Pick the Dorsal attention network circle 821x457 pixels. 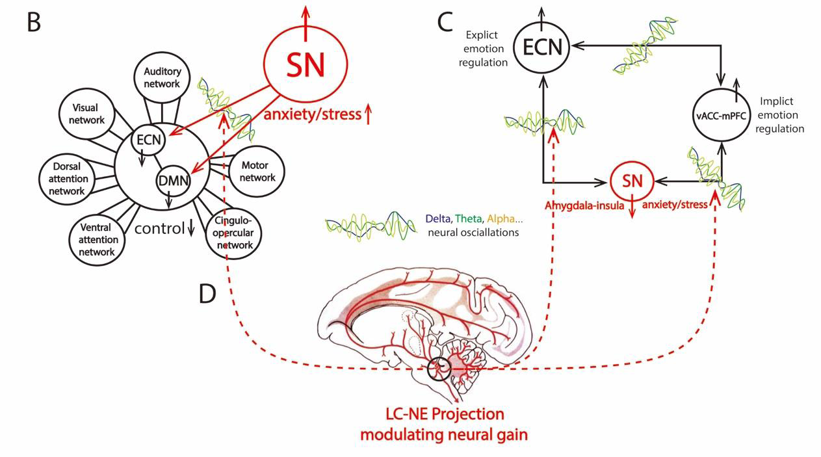pos(66,177)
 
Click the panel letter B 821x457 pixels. pos(34,21)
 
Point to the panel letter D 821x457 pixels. pos(207,294)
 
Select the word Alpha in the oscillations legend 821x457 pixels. pos(500,219)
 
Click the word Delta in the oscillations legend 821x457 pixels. pos(435,219)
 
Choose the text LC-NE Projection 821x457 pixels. pos(443,414)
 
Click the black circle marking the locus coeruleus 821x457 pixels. pos(439,369)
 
